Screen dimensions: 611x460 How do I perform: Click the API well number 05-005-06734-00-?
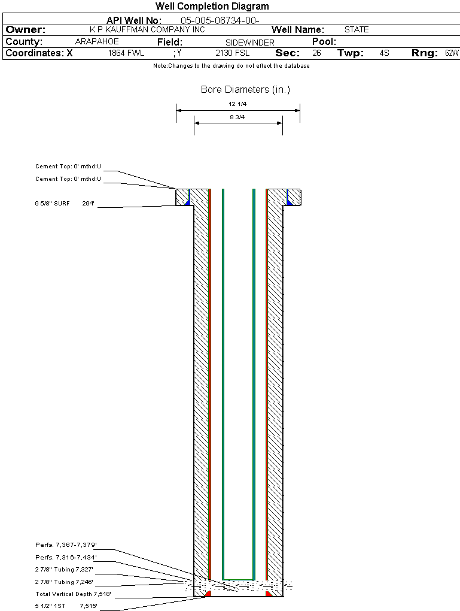coord(220,20)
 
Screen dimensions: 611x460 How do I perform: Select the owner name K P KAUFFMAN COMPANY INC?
coord(147,29)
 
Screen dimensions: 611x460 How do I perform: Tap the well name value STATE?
coord(357,29)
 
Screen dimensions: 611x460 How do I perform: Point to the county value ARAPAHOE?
coord(97,41)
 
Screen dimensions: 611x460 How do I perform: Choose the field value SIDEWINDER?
coord(250,43)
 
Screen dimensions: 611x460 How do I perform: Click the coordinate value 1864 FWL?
coord(126,53)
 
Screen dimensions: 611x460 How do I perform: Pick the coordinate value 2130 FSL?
coord(232,53)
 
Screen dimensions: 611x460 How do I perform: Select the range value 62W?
coord(452,53)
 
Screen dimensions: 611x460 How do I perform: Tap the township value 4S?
coord(385,53)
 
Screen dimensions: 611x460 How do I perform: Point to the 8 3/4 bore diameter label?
coord(237,117)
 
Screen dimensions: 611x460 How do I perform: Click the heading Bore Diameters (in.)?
coord(245,90)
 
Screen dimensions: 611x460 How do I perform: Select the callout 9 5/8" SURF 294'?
coord(65,204)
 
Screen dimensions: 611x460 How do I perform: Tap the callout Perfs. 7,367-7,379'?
coord(66,545)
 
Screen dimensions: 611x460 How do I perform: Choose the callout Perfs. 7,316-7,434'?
coord(66,558)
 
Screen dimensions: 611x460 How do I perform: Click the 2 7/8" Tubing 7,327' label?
coord(64,570)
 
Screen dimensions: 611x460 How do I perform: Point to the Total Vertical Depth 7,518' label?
coord(73,594)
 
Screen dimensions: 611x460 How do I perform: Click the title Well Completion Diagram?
coord(212,7)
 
